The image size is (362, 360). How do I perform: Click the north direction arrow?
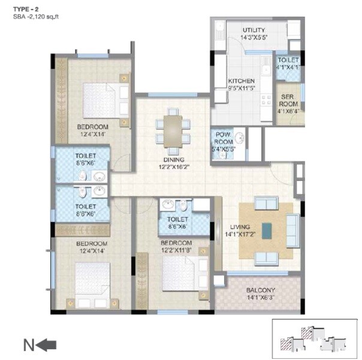(46, 345)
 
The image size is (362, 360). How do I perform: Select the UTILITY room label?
(254, 30)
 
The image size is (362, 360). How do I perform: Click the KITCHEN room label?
(241, 81)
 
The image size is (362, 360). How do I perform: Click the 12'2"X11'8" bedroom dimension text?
(175, 250)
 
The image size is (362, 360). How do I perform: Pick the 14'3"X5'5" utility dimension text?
(254, 38)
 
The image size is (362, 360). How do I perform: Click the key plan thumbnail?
(314, 340)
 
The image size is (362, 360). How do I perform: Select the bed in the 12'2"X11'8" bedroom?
(183, 273)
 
